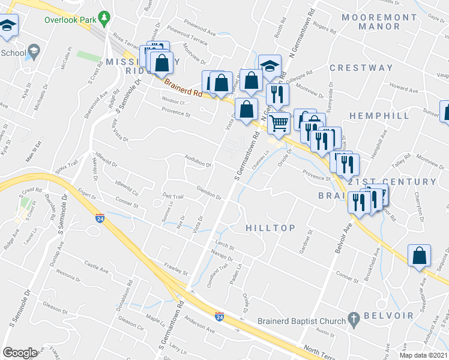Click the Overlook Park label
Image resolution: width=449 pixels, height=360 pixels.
tap(70, 19)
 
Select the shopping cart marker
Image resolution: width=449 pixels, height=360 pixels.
tap(278, 124)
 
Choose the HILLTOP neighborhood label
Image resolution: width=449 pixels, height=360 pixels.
tap(270, 228)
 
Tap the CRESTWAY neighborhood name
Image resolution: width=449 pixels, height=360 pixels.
tap(361, 68)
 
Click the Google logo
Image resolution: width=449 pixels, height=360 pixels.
tap(20, 353)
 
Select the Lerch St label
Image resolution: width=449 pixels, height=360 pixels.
tap(224, 246)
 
